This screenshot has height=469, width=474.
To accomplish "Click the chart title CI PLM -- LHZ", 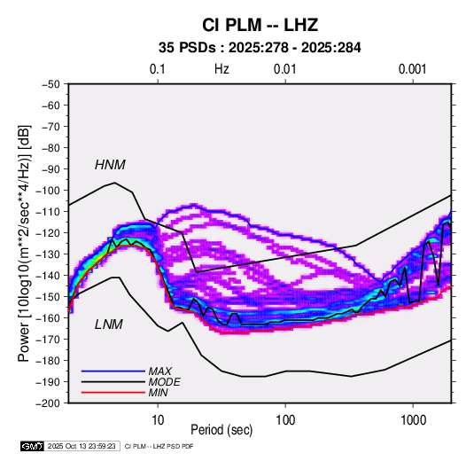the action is (260, 25).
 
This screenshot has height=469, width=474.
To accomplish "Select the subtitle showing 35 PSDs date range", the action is (260, 48).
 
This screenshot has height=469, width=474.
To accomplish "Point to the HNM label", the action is (110, 165).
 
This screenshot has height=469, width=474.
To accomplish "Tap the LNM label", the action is (109, 324).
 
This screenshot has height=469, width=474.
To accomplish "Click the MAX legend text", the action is (159, 371).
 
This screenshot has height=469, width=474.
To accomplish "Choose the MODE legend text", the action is (165, 382).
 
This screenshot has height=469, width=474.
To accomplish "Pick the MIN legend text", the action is (158, 393).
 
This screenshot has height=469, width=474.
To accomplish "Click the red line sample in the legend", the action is (113, 393).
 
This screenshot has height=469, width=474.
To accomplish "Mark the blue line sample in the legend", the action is (113, 371).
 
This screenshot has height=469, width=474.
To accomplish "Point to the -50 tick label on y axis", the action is (51, 84).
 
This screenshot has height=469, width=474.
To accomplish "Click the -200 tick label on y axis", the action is (49, 403).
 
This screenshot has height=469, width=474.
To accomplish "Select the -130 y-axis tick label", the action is (49, 254).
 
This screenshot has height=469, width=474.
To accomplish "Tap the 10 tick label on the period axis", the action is (158, 420).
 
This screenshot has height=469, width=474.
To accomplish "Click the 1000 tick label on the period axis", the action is (413, 420).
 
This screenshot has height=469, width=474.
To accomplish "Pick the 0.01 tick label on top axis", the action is (284, 69).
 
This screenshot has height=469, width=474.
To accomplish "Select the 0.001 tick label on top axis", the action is (412, 69).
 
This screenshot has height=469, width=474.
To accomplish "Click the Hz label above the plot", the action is (221, 69).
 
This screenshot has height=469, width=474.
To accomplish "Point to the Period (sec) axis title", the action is (221, 430).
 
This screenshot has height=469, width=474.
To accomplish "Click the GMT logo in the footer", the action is (33, 446).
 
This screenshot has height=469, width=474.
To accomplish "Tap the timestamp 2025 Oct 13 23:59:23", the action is (82, 446).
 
